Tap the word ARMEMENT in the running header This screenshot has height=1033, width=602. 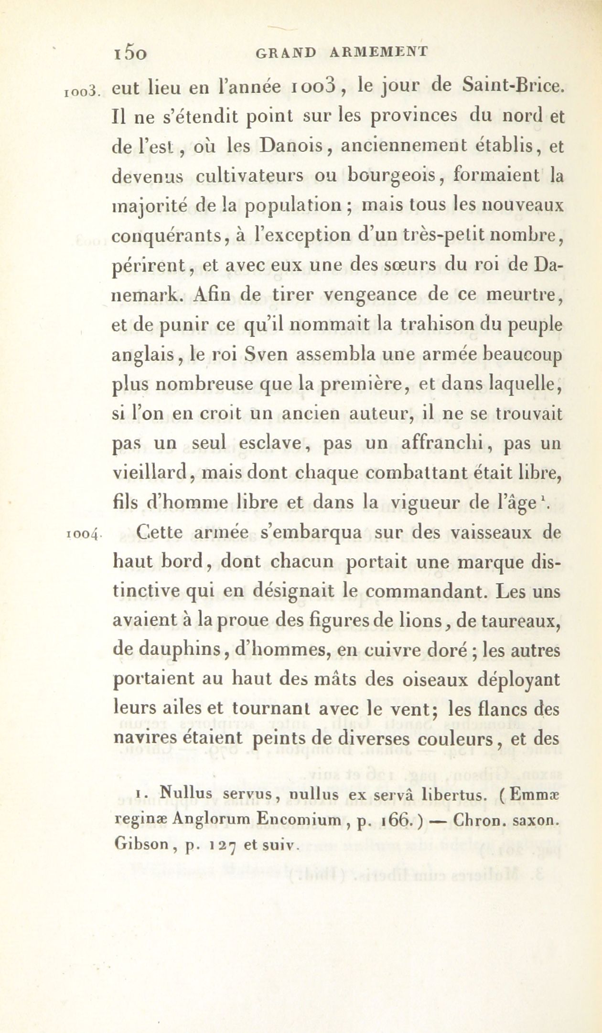379,52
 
